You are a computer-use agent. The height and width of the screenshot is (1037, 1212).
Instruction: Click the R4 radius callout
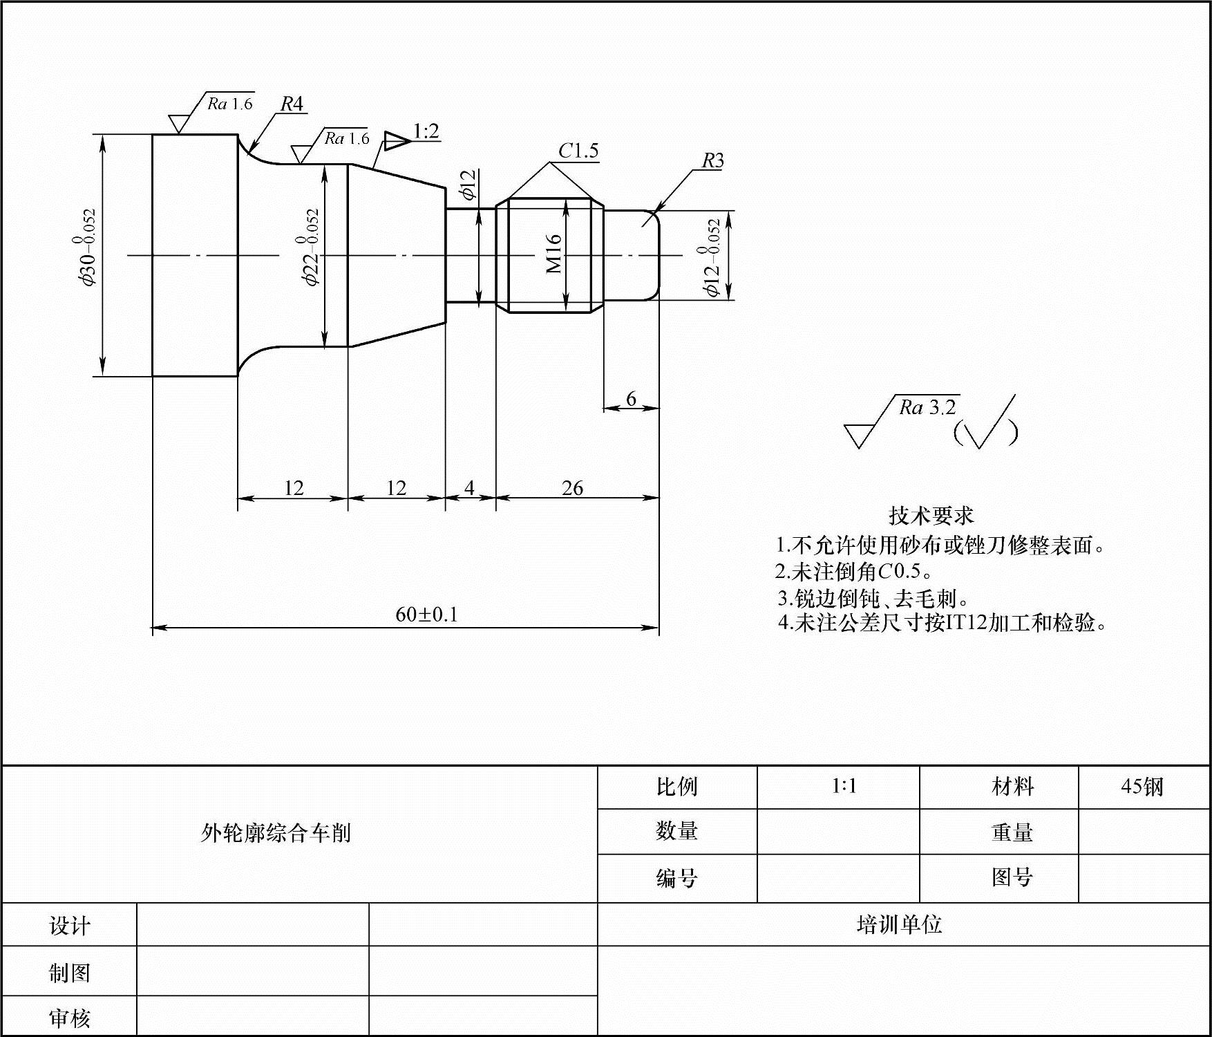292,104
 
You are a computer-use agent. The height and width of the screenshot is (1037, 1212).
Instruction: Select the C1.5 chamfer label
578,151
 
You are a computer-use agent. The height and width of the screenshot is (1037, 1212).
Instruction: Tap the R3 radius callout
712,161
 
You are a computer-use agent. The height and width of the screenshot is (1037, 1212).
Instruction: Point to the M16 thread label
554,254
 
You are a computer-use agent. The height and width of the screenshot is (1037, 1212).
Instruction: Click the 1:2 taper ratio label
426,131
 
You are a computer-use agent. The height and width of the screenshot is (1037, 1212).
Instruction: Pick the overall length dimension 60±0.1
426,615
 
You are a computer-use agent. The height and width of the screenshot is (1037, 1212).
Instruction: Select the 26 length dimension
572,488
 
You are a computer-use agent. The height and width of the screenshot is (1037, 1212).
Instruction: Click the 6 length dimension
631,399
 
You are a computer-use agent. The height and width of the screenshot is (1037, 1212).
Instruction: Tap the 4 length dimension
469,488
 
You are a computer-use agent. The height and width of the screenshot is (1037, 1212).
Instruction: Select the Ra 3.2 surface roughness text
927,408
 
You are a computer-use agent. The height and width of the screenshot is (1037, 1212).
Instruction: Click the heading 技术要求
931,516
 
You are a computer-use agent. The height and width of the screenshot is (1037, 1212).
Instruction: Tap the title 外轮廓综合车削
276,833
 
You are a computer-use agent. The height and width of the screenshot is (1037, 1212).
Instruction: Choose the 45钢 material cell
1142,787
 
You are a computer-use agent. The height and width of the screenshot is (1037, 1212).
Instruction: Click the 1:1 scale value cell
844,787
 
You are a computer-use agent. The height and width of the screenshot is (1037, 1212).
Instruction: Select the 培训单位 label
899,925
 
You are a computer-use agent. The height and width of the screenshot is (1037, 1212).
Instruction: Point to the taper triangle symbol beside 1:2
397,140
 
